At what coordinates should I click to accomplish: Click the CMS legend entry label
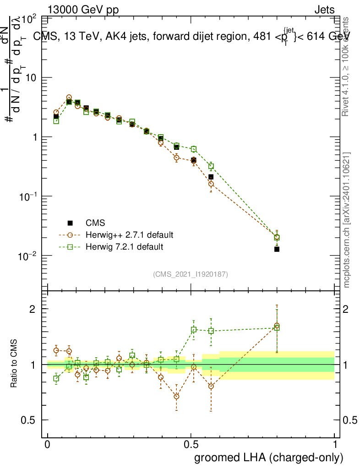95,223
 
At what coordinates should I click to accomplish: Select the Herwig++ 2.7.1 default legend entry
129,235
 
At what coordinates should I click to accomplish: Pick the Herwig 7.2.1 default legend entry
124,247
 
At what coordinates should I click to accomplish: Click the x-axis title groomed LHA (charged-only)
269,458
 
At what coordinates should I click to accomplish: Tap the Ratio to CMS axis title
15,363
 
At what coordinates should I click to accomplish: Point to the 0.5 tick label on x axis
191,445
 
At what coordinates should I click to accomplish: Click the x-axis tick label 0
48,445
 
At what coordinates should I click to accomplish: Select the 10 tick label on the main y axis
30,78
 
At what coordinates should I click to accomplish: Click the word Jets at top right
324,10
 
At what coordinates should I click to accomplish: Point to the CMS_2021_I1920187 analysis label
191,274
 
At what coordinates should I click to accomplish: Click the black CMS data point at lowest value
277,249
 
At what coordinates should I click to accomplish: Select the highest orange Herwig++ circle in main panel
69,98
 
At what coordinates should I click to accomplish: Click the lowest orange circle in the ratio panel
176,396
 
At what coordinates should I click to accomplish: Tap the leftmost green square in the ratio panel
56,378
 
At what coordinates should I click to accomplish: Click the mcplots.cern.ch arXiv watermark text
347,220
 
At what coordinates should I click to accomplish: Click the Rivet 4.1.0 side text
347,66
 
